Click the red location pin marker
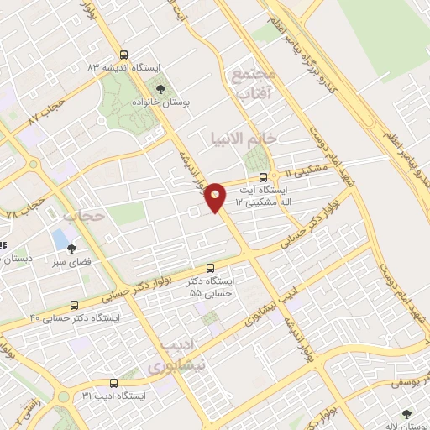[x=216, y=196]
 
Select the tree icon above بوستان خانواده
[x=160, y=87]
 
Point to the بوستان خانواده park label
[x=160, y=101]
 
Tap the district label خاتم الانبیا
[x=254, y=136]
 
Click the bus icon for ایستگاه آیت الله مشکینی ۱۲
[x=264, y=178]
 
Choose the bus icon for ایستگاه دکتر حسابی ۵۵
[x=211, y=267]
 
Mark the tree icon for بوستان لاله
[x=406, y=414]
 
